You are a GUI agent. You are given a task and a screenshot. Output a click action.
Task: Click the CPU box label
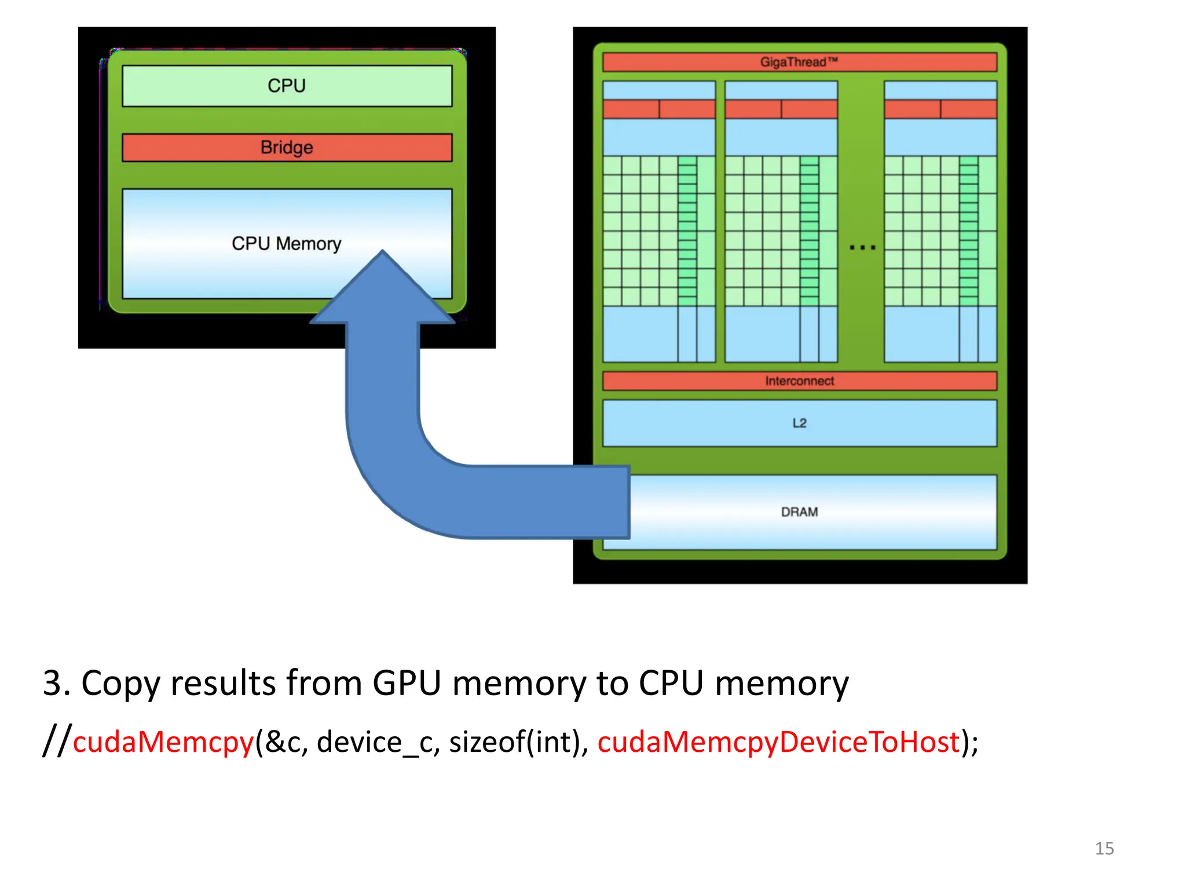(286, 86)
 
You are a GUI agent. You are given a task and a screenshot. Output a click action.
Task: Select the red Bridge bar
(286, 148)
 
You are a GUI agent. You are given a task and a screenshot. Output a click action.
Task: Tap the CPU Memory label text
(286, 244)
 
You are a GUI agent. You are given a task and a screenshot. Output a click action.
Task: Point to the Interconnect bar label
(799, 381)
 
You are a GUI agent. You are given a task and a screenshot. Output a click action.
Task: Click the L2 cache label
(799, 423)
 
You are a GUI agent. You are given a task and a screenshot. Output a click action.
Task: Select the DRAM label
(799, 512)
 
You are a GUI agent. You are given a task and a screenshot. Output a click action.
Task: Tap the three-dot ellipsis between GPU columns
(862, 248)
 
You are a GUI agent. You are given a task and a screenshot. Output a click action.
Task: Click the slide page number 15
(1104, 848)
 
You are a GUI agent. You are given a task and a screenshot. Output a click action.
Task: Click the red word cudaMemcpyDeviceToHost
(778, 742)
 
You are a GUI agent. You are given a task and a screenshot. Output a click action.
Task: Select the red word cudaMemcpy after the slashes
(163, 742)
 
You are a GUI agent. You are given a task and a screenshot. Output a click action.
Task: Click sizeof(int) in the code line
(517, 742)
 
